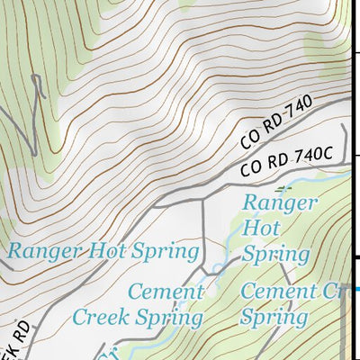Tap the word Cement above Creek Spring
pos(166,292)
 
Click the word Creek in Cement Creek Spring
pos(104,317)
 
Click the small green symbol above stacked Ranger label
pos(284,188)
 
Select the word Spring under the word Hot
pos(276,255)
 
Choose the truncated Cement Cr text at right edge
pos(292,292)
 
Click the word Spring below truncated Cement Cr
pos(274,317)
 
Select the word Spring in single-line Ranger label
pos(168,251)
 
